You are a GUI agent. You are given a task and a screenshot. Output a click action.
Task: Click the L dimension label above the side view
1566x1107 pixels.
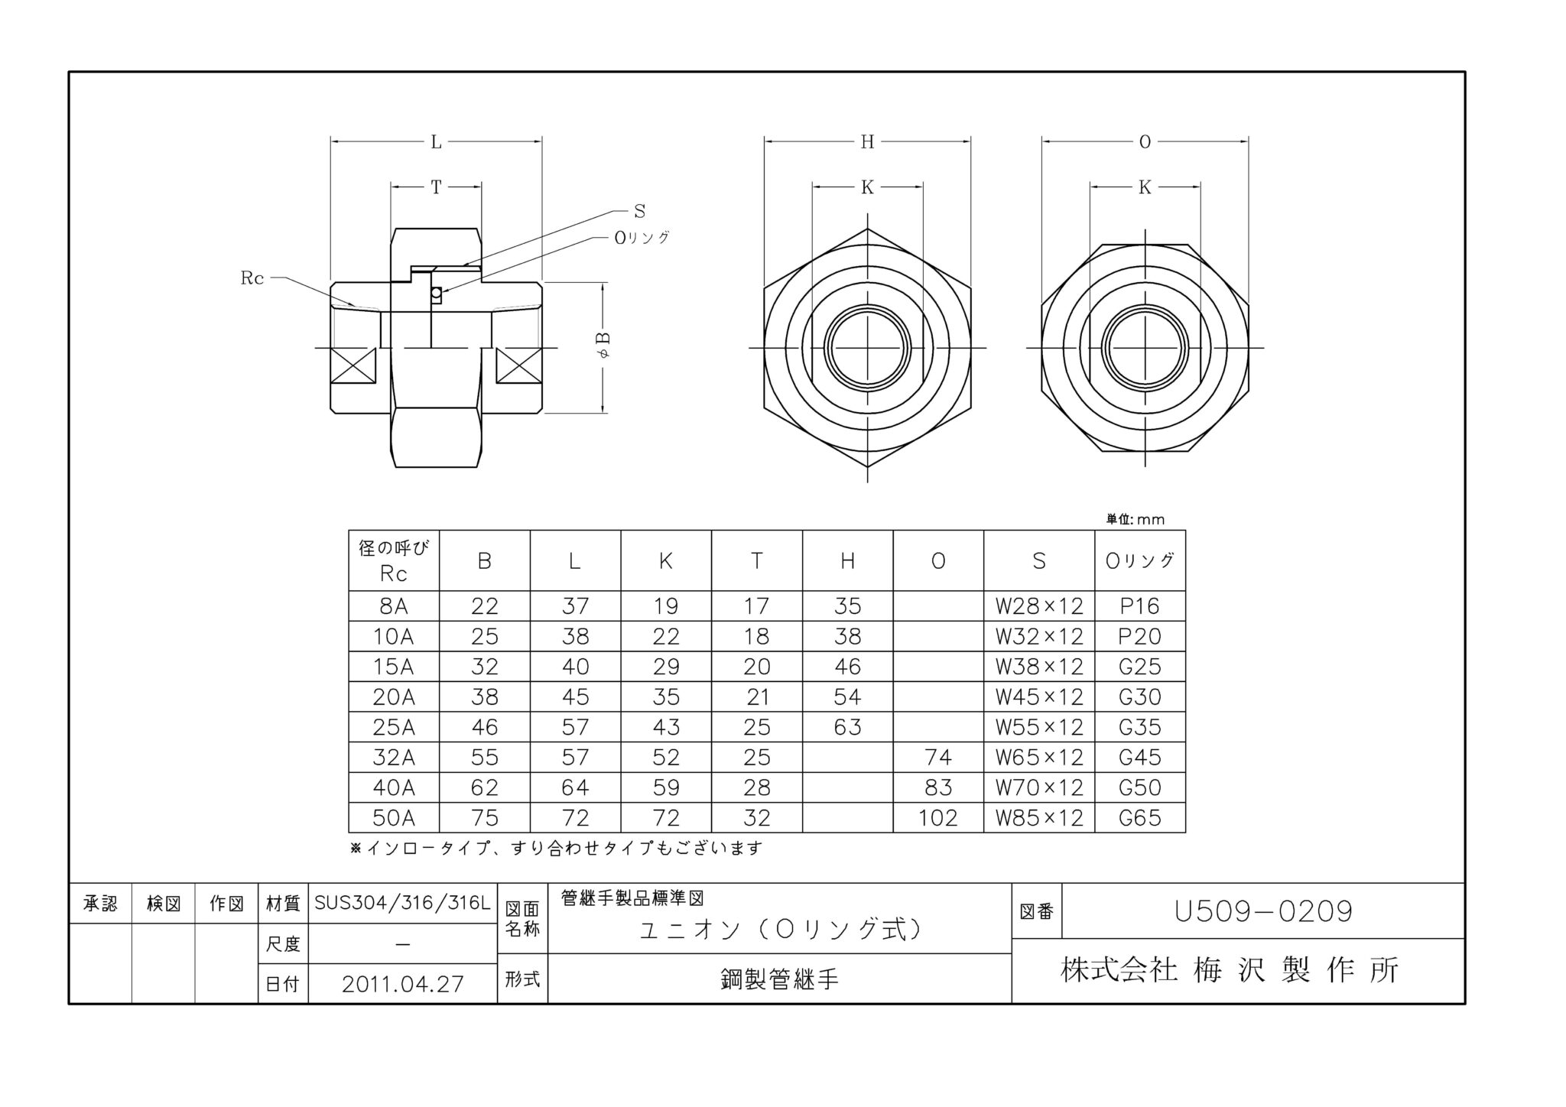coord(436,141)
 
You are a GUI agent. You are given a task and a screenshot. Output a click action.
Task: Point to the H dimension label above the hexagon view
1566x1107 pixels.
coord(867,141)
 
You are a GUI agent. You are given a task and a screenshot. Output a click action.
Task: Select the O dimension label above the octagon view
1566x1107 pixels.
coord(1145,141)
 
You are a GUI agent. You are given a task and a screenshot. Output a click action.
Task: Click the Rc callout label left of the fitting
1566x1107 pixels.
coord(252,278)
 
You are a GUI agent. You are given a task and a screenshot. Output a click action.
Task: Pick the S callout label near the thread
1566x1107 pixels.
coord(639,211)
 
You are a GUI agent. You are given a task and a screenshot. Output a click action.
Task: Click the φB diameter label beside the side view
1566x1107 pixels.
coord(603,346)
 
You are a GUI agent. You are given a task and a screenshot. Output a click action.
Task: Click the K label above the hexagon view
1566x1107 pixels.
coord(867,187)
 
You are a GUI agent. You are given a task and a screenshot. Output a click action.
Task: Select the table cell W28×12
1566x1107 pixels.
coord(1038,606)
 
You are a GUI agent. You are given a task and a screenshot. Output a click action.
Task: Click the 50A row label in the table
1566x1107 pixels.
coord(393,818)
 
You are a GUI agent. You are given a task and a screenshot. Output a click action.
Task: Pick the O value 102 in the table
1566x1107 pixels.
coord(937,818)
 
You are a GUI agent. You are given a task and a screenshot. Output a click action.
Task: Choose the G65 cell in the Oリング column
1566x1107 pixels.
coord(1139,818)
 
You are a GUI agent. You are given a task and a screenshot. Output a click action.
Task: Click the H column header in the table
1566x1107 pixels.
coord(847,561)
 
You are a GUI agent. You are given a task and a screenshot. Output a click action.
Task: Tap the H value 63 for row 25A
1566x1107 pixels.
coord(847,727)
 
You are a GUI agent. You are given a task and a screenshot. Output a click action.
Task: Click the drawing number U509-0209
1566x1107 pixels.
coord(1263,911)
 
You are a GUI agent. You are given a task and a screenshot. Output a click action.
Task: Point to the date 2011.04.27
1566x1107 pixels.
coord(402,984)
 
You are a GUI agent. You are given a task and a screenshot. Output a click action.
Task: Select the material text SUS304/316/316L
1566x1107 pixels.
coord(402,904)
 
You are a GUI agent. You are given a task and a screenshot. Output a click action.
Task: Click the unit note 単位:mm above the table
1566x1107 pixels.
coord(1136,520)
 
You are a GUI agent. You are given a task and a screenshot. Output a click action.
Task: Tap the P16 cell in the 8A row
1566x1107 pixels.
coord(1139,606)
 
